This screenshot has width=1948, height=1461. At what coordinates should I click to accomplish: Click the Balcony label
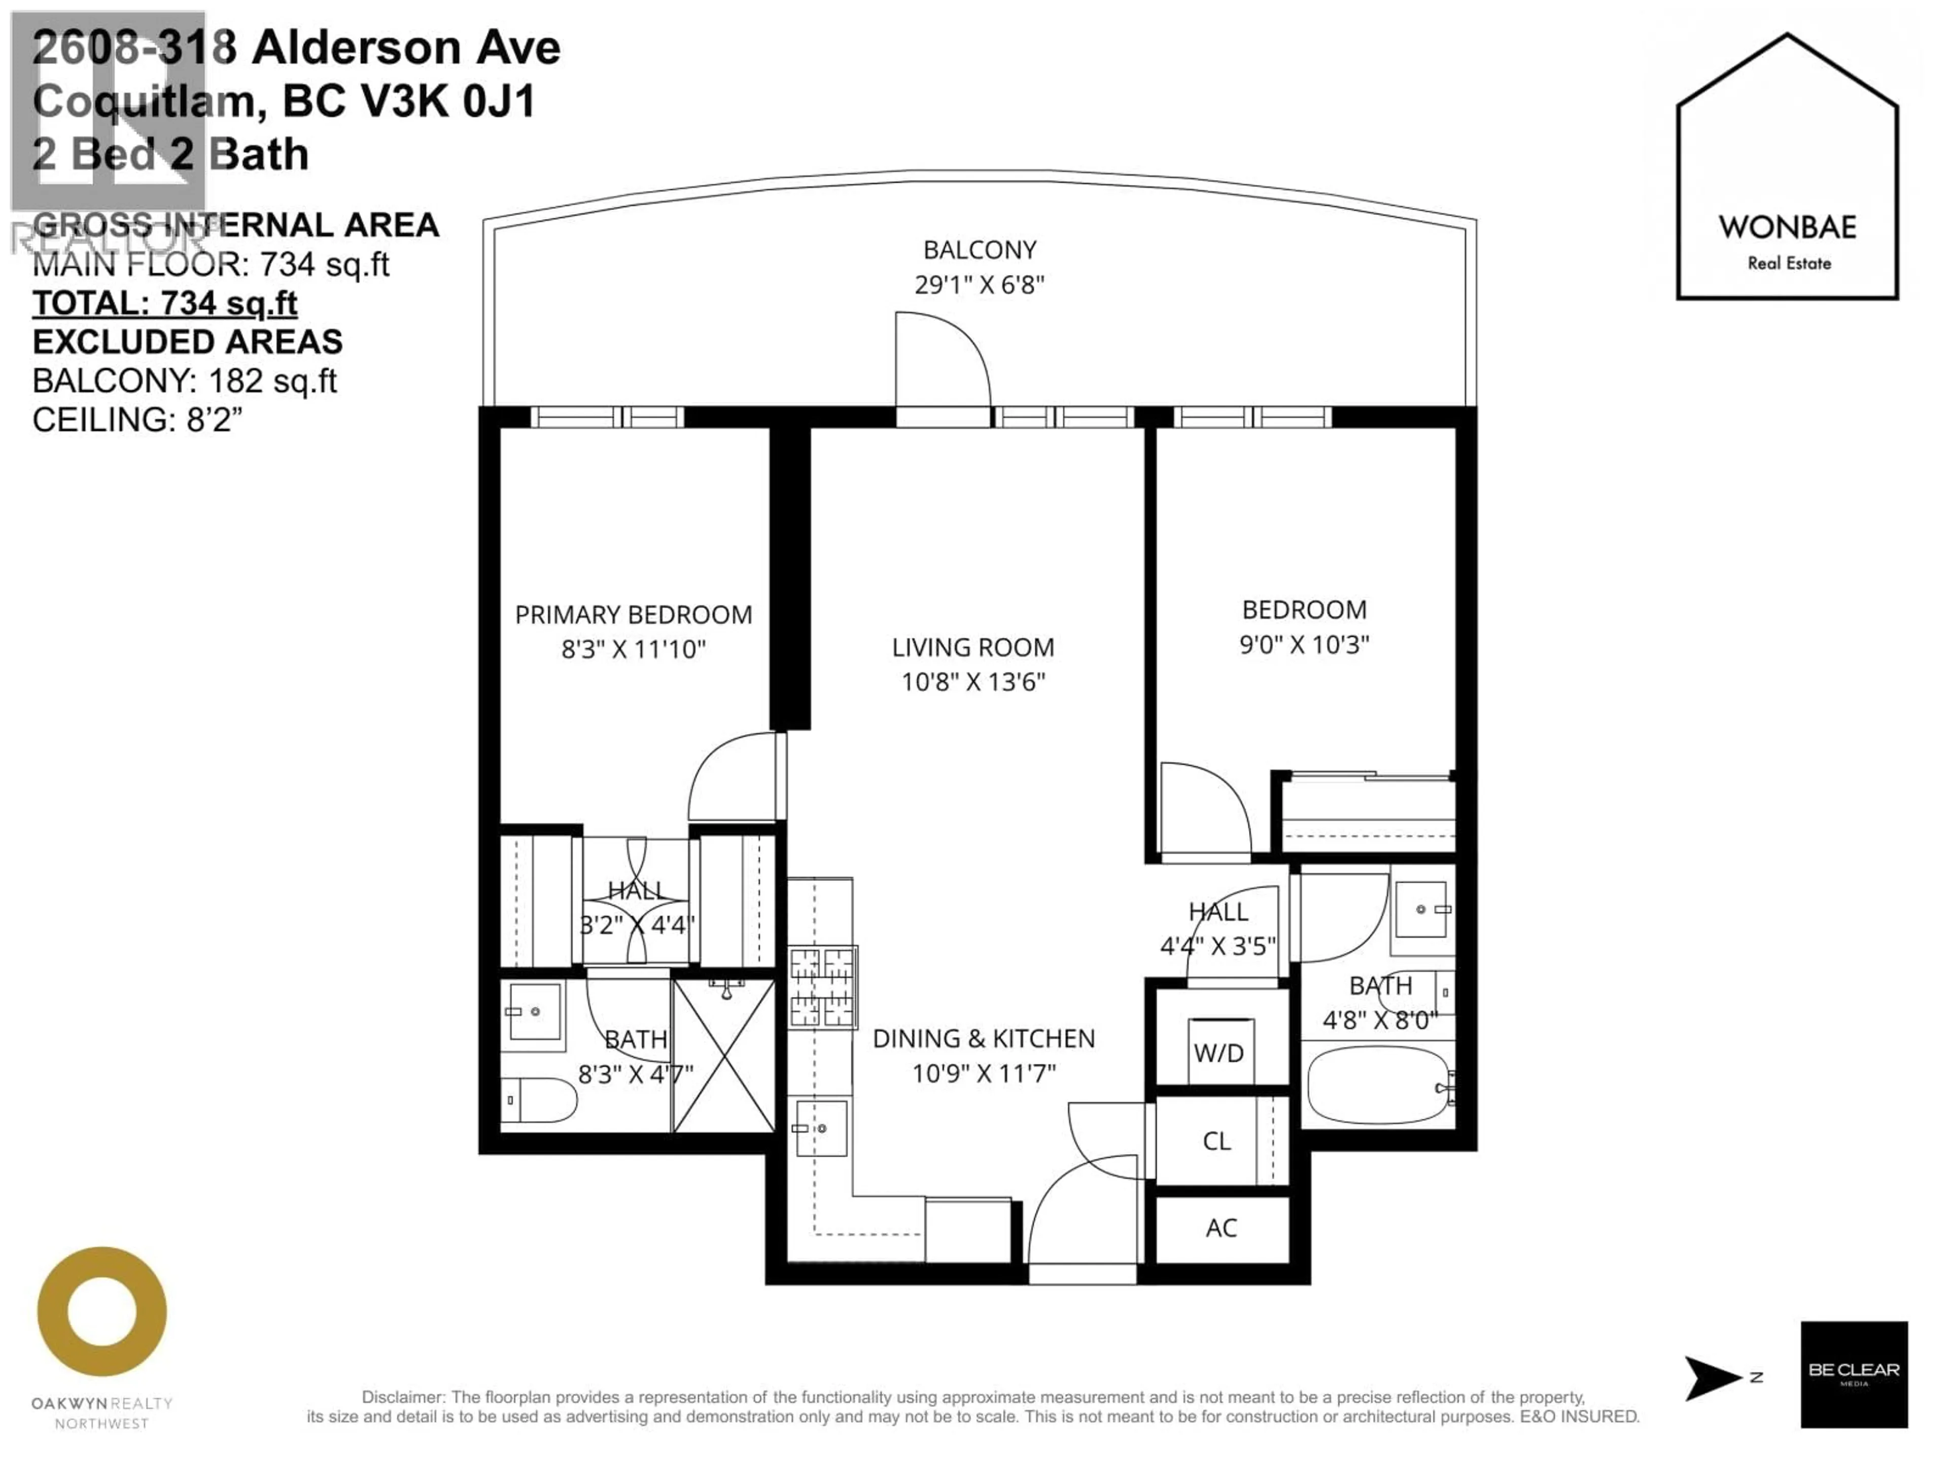coord(979,250)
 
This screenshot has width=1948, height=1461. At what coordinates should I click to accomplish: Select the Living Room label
coord(972,647)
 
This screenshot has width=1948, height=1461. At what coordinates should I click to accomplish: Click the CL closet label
coord(1216,1141)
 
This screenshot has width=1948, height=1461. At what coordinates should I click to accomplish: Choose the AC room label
coord(1221,1228)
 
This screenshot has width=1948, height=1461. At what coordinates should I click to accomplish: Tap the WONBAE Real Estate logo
coord(1788,167)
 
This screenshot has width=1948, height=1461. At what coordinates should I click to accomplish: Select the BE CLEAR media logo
coord(1854,1374)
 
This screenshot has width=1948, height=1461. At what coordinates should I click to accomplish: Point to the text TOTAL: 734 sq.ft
coord(165,303)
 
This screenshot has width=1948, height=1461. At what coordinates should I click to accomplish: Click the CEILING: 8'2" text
coord(136,419)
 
